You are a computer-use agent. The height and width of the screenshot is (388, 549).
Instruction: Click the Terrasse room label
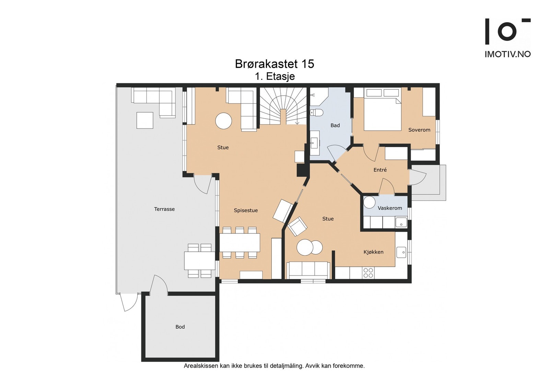click(164, 209)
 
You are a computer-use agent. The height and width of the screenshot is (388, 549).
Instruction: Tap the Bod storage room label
click(180, 327)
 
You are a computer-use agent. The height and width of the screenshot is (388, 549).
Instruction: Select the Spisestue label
click(246, 210)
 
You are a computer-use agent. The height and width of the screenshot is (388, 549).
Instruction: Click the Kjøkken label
click(373, 252)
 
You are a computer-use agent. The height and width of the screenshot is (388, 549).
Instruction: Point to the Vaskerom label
click(389, 208)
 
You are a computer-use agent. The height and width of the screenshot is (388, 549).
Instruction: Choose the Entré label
click(380, 170)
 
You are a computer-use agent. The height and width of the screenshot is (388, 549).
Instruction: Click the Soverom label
click(419, 130)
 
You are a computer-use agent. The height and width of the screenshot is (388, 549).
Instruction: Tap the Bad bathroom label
click(335, 125)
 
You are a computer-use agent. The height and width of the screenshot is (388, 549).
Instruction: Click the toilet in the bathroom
click(317, 112)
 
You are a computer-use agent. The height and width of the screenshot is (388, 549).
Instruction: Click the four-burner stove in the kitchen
click(368, 273)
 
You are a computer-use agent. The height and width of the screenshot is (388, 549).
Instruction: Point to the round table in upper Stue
click(223, 121)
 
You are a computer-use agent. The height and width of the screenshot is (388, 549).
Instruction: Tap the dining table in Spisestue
click(240, 243)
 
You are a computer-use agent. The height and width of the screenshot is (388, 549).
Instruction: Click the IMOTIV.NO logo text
click(507, 54)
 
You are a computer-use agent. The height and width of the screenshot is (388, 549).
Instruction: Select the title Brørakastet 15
click(274, 64)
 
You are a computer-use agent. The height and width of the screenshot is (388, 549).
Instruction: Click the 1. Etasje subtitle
click(274, 76)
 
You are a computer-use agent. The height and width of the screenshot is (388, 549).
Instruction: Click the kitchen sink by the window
click(401, 252)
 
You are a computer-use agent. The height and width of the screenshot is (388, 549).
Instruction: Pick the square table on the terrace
click(145, 120)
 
